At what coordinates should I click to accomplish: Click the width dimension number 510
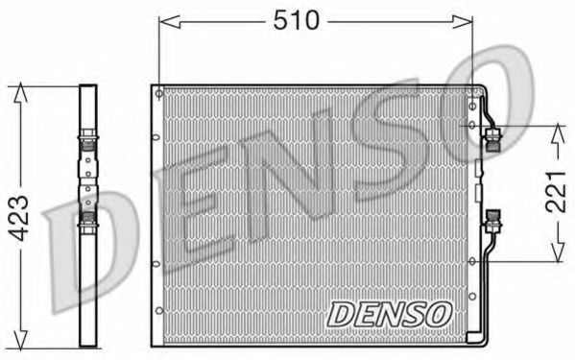click(x=296, y=20)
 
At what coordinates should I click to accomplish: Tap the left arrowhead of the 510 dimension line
click(x=163, y=20)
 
